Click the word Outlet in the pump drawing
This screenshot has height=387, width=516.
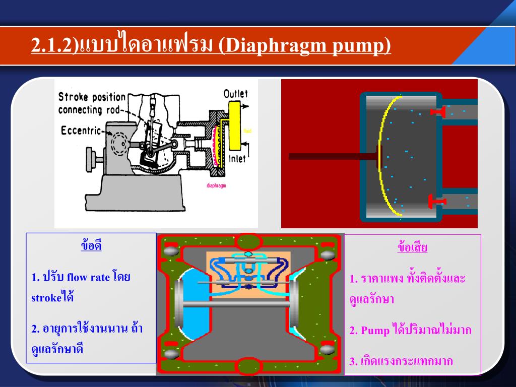pyautogui.click(x=235, y=94)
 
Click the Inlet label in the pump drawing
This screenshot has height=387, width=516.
pyautogui.click(x=237, y=158)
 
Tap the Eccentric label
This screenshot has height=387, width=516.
pyautogui.click(x=81, y=131)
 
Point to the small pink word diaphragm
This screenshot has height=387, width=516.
pyautogui.click(x=217, y=185)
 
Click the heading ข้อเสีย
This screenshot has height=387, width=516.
pyautogui.click(x=412, y=247)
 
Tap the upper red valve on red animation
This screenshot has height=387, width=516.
pyautogui.click(x=436, y=111)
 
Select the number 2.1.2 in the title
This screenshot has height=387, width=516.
pyautogui.click(x=52, y=46)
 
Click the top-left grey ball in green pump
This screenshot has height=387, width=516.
pyautogui.click(x=171, y=251)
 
